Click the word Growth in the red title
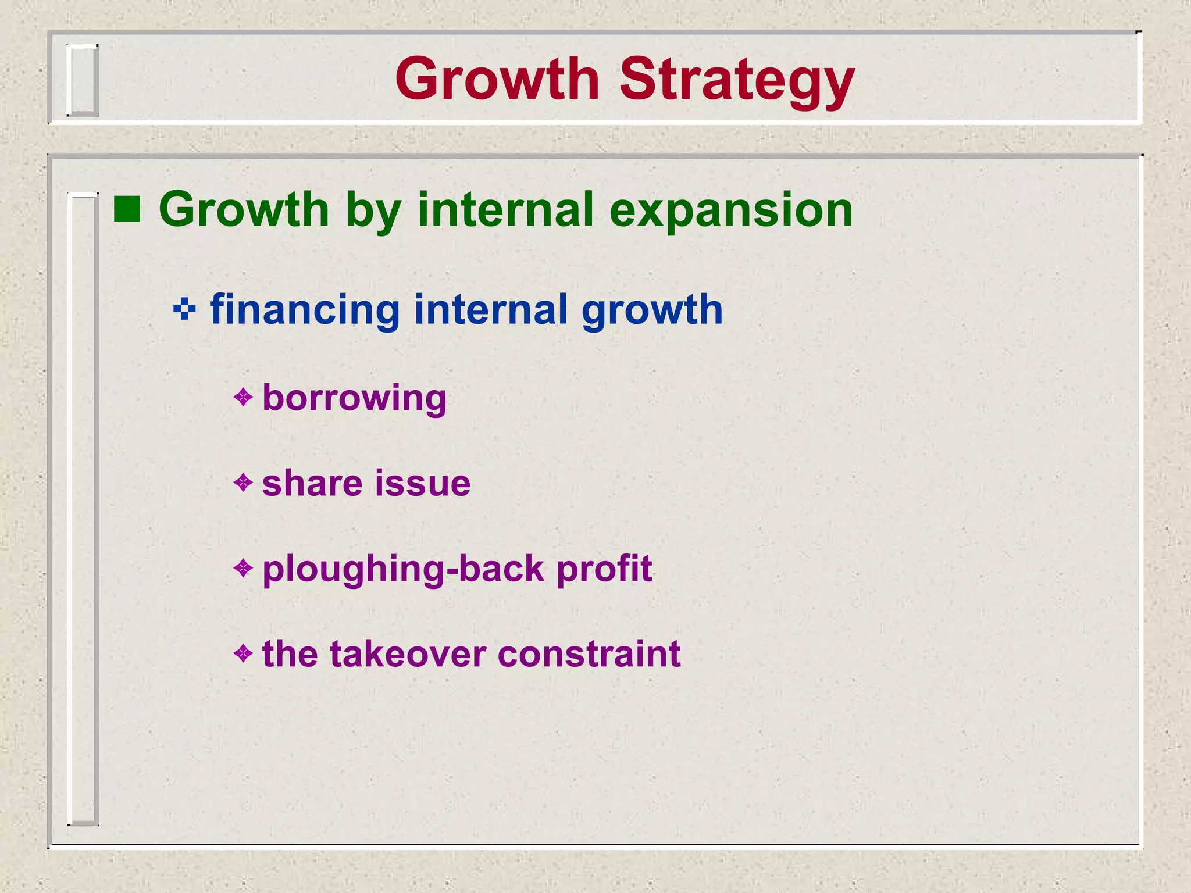tap(497, 79)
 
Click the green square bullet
tap(127, 209)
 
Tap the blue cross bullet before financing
tap(184, 309)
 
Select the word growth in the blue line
tap(652, 310)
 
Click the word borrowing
tap(354, 398)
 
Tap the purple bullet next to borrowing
tap(243, 398)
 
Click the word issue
tap(423, 483)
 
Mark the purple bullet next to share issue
tap(243, 482)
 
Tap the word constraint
tap(589, 654)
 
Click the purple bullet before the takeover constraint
tap(243, 653)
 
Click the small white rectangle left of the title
tap(82, 80)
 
